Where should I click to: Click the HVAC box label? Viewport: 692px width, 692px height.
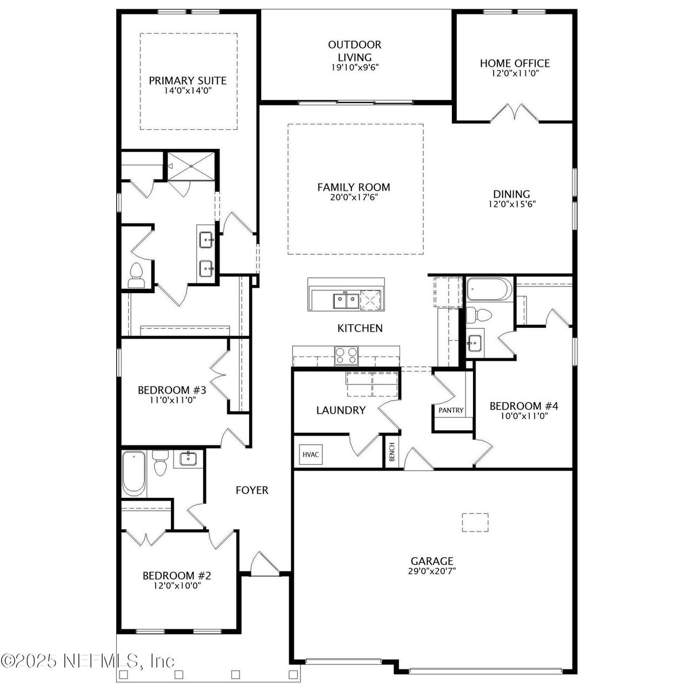point(310,454)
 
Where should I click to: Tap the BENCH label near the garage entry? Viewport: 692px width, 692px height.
point(392,453)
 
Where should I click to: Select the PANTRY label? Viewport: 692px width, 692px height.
point(451,410)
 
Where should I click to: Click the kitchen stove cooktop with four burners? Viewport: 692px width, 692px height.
point(347,355)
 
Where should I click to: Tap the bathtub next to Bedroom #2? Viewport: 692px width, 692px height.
point(134,474)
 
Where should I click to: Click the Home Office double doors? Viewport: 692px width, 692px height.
point(515,113)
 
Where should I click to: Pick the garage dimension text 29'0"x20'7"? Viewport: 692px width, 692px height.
point(431,571)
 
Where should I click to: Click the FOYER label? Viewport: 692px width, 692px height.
point(252,490)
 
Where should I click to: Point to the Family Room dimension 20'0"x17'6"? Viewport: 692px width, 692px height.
point(354,197)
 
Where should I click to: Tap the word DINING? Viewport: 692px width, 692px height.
point(511,194)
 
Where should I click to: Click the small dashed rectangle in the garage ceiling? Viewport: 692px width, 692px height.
point(475,522)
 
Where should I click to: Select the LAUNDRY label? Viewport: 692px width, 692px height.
point(341,410)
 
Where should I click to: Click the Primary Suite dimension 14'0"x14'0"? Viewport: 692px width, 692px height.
point(188,90)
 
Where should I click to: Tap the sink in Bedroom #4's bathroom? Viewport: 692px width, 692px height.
point(474,342)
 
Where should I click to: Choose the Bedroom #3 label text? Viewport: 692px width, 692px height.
point(172,390)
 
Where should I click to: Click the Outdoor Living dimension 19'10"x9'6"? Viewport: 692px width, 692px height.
point(355,68)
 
